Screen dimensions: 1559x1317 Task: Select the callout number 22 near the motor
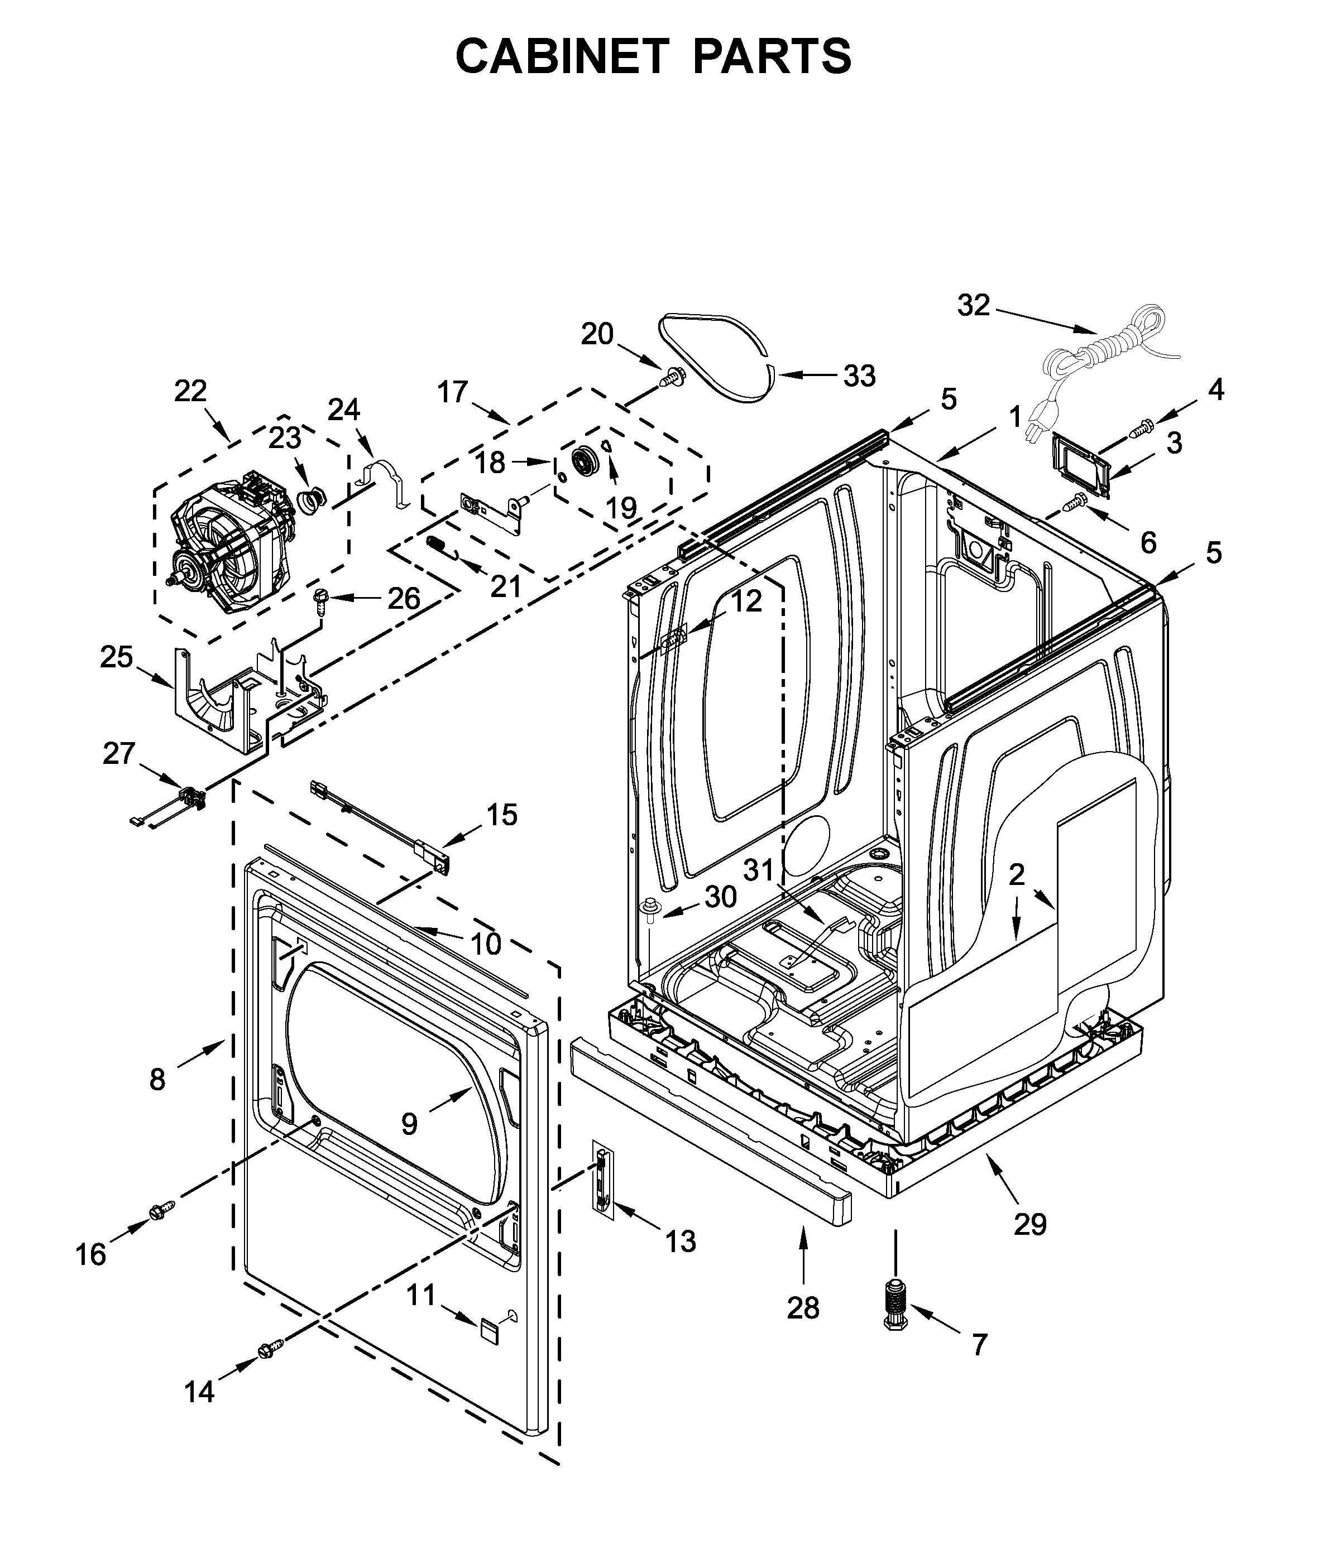pyautogui.click(x=190, y=391)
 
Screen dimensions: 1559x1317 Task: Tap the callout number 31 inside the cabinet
pyautogui.click(x=760, y=869)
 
